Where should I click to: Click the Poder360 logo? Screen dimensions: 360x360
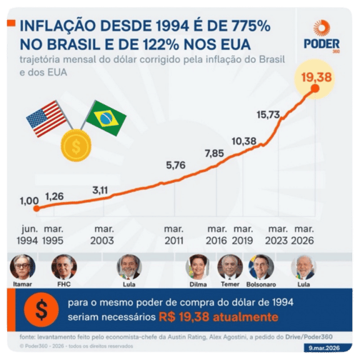tap(321, 36)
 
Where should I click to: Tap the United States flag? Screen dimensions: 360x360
tap(46, 119)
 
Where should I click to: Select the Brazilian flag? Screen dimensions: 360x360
tap(106, 118)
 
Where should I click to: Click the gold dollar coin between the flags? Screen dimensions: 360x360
tap(76, 145)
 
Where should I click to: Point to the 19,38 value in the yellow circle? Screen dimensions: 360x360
tap(316, 77)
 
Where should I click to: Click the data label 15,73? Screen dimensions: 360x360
tap(268, 115)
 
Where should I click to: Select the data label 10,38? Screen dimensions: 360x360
tap(244, 141)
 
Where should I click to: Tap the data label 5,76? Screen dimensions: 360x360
tap(176, 165)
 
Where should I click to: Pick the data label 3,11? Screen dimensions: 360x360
tap(100, 190)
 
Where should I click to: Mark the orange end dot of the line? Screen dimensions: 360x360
tap(315, 89)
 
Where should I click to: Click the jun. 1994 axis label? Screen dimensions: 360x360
tap(27, 235)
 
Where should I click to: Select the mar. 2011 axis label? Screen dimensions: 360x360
tap(174, 235)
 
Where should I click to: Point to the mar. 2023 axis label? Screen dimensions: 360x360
tap(276, 235)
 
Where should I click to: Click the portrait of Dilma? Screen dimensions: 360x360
tap(198, 267)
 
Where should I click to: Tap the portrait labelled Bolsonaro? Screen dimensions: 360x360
tap(261, 267)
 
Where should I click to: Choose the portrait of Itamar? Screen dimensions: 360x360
tap(23, 267)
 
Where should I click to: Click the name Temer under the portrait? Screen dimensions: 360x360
tap(230, 284)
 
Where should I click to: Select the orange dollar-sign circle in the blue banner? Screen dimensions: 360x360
tap(41, 309)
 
